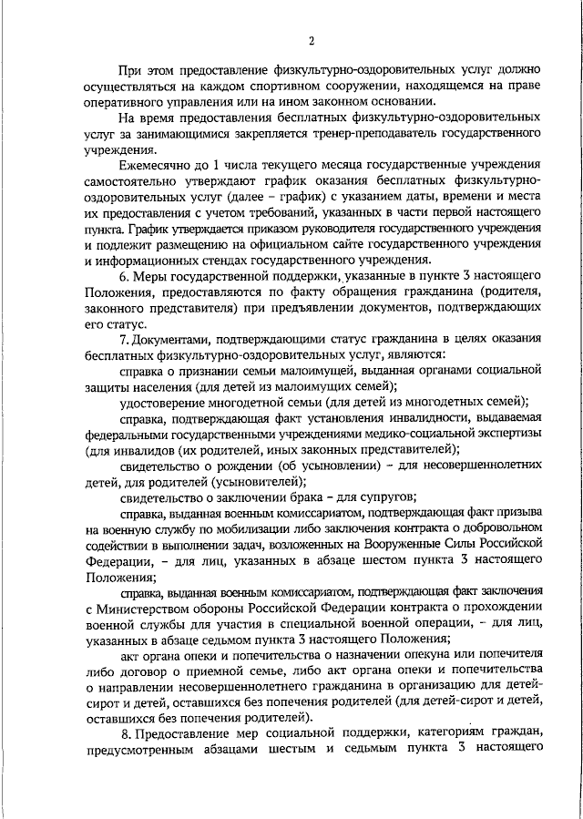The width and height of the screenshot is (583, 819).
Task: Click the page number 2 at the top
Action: pyautogui.click(x=311, y=41)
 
